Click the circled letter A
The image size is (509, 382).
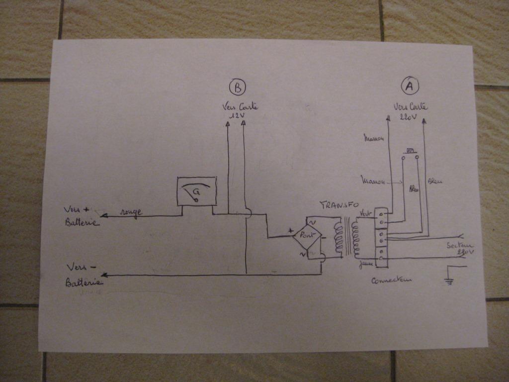point(409,87)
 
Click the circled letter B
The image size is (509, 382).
point(238,88)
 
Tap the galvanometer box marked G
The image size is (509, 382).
point(197,191)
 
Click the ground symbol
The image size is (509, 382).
point(450,281)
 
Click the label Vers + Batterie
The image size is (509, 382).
point(81,216)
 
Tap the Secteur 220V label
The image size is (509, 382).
point(460,249)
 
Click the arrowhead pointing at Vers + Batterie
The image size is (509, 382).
point(104,216)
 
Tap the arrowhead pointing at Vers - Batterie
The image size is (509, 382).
point(104,275)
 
